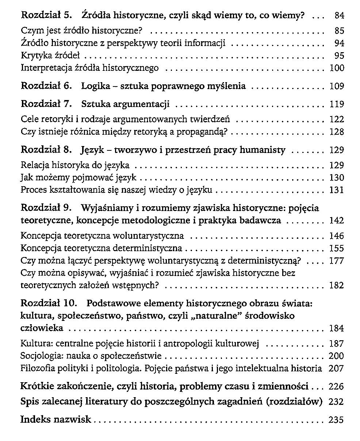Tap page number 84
click(x=339, y=16)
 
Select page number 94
click(x=339, y=43)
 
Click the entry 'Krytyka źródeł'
click(x=50, y=56)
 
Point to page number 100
click(x=337, y=68)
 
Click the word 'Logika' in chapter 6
click(x=96, y=86)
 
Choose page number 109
click(x=337, y=87)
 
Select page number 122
click(x=337, y=119)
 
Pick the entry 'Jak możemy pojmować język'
click(x=78, y=178)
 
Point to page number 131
click(x=337, y=190)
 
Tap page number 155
click(x=337, y=249)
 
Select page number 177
click(x=337, y=261)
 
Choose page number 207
click(x=336, y=368)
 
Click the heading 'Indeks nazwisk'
click(x=56, y=419)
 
